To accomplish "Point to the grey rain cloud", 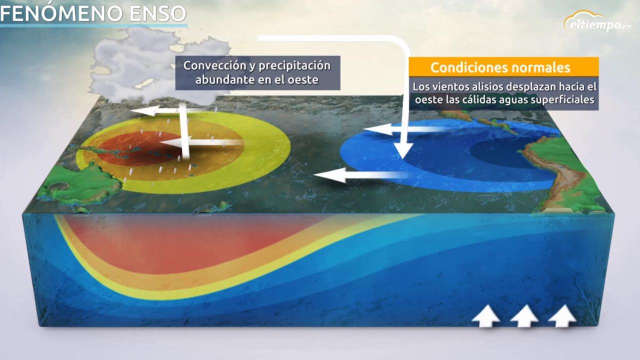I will click(150, 60).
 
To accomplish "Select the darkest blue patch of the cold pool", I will click(505, 152).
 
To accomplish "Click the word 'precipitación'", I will click(293, 65).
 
